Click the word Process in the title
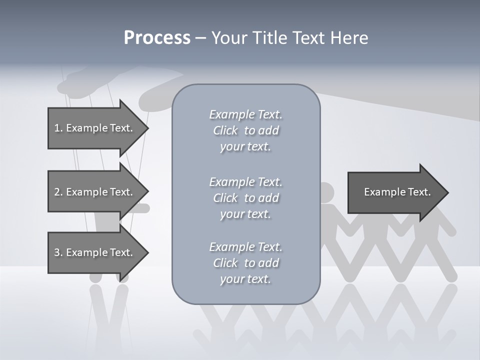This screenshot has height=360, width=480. (x=157, y=37)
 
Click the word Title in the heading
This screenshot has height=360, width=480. (x=269, y=37)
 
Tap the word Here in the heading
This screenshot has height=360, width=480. (x=349, y=37)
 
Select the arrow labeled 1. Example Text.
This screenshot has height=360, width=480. (x=98, y=128)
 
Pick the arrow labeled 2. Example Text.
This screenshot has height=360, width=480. (x=98, y=191)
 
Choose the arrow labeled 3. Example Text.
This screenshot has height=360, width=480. (x=98, y=252)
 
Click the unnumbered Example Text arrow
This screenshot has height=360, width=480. (x=398, y=192)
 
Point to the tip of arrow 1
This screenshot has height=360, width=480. (x=149, y=128)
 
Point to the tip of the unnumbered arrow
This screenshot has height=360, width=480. (x=449, y=192)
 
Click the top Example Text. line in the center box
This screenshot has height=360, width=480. (x=246, y=114)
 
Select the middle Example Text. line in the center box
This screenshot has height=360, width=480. (x=246, y=182)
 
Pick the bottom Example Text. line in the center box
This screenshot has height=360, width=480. (x=246, y=247)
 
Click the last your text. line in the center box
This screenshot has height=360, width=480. (x=245, y=279)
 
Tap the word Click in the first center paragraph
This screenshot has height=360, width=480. (x=225, y=130)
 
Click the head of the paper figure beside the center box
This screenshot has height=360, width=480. (x=327, y=192)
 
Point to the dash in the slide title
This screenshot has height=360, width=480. (x=201, y=38)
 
